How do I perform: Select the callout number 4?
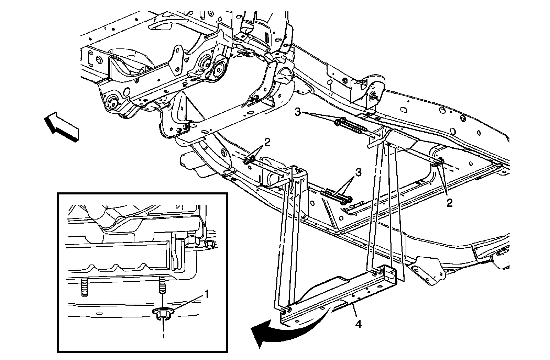pos(359,324)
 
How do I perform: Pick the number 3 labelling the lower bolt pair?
pos(358,173)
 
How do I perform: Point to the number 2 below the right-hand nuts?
pos(449,203)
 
